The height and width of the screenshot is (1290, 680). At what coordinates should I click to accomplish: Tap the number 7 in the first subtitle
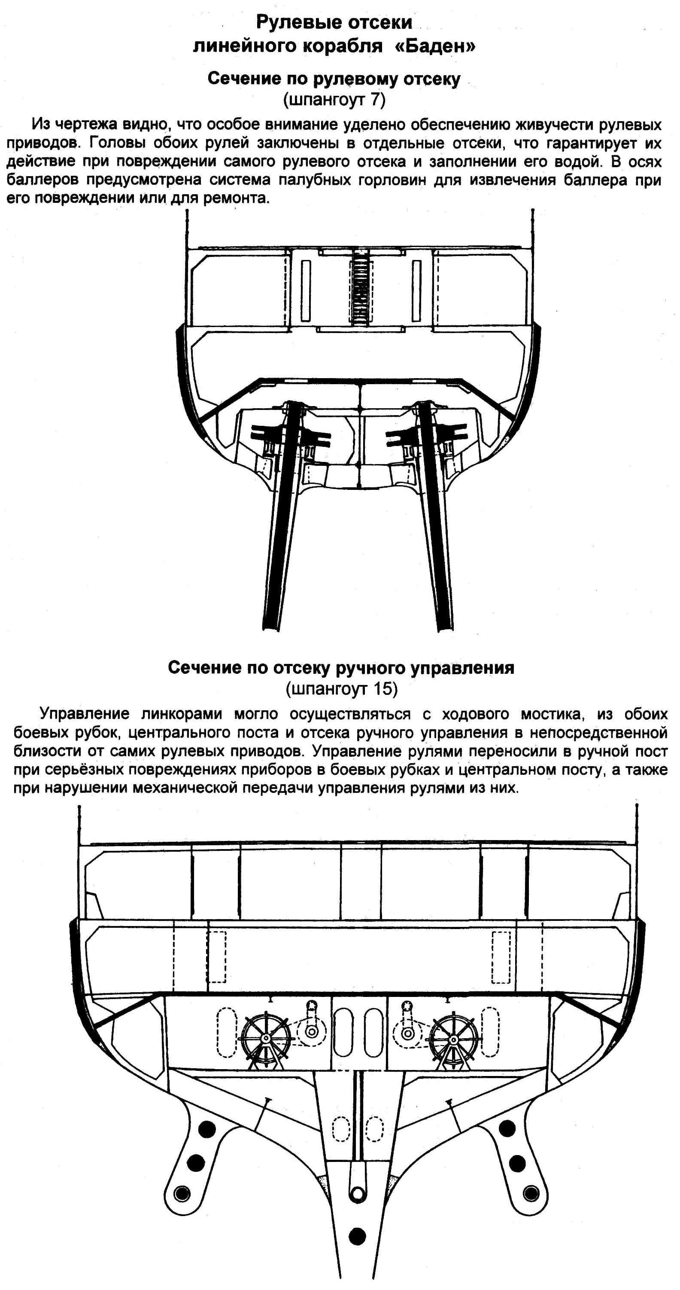[375, 100]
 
